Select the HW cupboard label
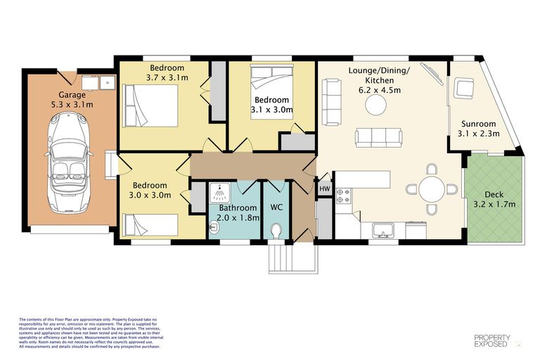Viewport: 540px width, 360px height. pyautogui.click(x=324, y=188)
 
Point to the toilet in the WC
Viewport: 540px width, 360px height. pyautogui.click(x=276, y=230)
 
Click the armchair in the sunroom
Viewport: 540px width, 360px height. pyautogui.click(x=463, y=88)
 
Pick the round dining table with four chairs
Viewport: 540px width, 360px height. pyautogui.click(x=432, y=188)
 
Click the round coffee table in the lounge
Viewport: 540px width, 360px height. pyautogui.click(x=375, y=105)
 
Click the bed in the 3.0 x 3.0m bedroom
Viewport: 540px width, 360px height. pyautogui.click(x=150, y=225)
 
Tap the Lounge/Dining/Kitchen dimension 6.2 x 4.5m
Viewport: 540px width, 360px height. pyautogui.click(x=379, y=90)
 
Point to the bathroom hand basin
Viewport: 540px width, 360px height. pyautogui.click(x=214, y=227)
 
